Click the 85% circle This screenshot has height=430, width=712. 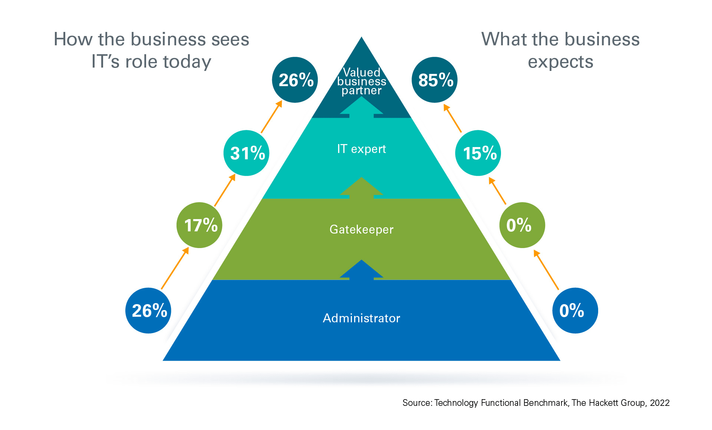pos(435,80)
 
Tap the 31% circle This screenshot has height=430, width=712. pos(247,153)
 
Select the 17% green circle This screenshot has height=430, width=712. pos(200,225)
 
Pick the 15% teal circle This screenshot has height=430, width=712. pos(478,153)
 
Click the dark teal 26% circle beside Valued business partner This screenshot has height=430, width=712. pos(295,80)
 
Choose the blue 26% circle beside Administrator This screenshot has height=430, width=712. pos(148,310)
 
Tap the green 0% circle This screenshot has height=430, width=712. pos(522,225)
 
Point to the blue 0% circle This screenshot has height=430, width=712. pos(575,310)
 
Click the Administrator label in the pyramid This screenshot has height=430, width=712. pos(362,318)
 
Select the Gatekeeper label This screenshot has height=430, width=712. pos(362,229)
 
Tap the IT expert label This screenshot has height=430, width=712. pos(362,149)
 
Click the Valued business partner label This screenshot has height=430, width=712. pos(362,81)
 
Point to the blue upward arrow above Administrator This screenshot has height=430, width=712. pos(362,270)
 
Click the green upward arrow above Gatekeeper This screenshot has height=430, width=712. pos(362,188)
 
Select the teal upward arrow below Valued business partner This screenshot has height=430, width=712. pos(362,107)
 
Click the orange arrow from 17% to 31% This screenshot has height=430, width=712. pos(225,190)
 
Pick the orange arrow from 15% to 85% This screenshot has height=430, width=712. pos(452,118)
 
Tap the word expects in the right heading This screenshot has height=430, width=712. pos(560,62)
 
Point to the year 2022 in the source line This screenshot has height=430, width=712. pos(660,403)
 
